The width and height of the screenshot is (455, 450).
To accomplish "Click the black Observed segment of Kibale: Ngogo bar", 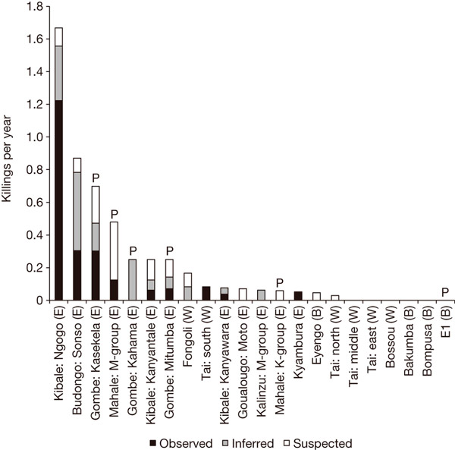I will point(58,200).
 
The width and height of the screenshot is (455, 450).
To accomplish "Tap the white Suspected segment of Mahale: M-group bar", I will point(114,250).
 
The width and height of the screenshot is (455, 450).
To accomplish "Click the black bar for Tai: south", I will point(206,293).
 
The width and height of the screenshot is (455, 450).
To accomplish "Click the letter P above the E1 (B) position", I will point(446,291).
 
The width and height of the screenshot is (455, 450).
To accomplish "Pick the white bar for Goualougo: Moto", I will point(243,294).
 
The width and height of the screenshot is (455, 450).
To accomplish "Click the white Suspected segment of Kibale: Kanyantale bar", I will point(150,269).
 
